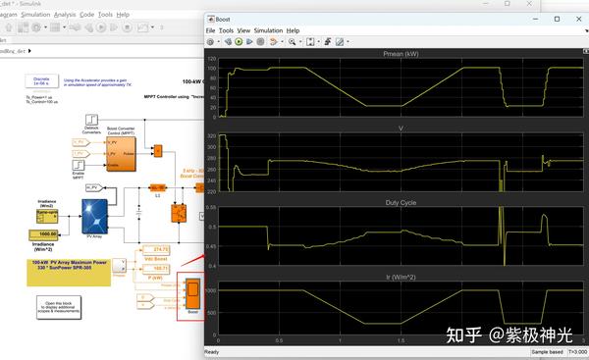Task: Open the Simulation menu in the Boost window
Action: pos(268,30)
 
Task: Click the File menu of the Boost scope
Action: pos(210,30)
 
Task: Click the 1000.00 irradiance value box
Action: pos(46,233)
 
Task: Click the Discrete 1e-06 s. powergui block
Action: pos(41,81)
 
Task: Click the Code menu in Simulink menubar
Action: pos(87,15)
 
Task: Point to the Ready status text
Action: pos(212,351)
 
